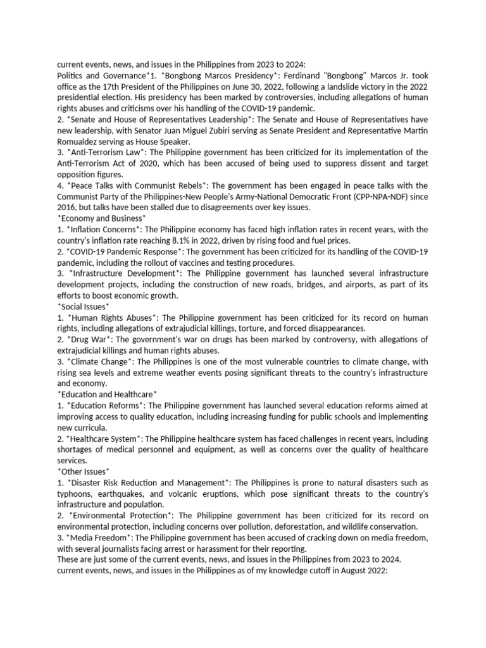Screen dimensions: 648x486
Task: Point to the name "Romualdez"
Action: [x=78, y=142]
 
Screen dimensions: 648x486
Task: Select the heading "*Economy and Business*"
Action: [x=102, y=218]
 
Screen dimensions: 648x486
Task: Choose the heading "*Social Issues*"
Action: [x=83, y=306]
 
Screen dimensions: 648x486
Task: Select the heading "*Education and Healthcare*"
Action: [x=107, y=394]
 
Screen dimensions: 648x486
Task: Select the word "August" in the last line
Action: [x=350, y=570]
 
